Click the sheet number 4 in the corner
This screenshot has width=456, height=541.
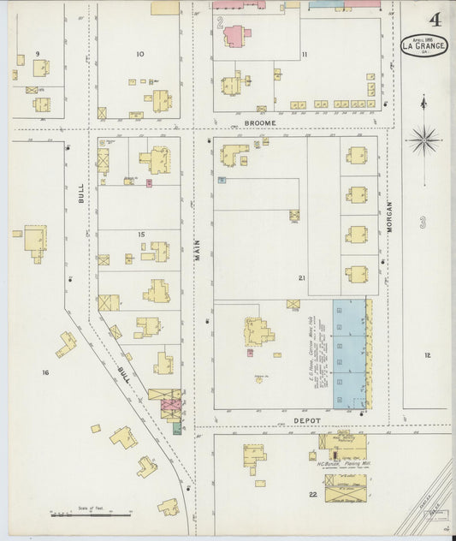click(435, 19)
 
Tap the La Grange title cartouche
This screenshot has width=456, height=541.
click(424, 45)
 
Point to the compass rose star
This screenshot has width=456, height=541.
click(423, 139)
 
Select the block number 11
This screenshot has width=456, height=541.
click(304, 56)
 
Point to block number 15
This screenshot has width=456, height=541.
click(140, 234)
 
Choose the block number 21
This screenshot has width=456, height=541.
click(302, 278)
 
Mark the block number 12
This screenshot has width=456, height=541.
click(426, 354)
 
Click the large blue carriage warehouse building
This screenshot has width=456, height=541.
click(349, 353)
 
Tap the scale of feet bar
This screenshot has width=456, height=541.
click(91, 514)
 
